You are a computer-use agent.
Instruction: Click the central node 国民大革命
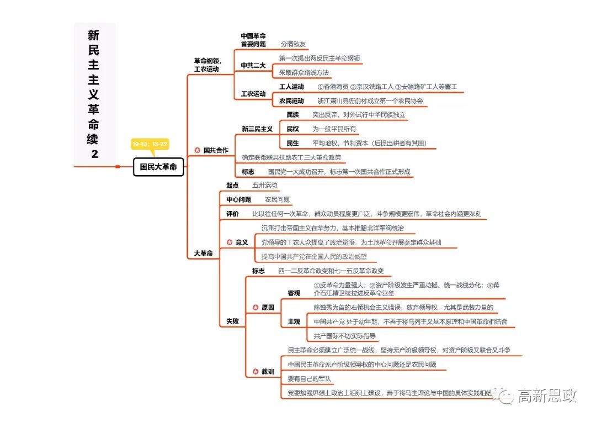coord(158,167)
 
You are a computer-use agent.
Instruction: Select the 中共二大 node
coord(253,65)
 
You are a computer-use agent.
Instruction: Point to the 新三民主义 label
coord(257,129)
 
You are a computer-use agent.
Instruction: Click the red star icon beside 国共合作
coord(197,150)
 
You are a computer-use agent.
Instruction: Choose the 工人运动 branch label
coord(291,87)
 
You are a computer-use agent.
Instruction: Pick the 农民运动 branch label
coord(291,101)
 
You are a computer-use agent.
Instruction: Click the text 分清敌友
coord(293,44)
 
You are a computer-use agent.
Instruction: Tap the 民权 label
coord(293,129)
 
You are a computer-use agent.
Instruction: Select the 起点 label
coord(233,186)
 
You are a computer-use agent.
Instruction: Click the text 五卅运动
coord(265,186)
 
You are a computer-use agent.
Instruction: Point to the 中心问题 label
coord(238,199)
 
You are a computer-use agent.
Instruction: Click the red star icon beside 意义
coord(230,242)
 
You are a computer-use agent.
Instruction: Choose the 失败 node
coord(233,321)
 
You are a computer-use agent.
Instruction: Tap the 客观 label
coord(294,293)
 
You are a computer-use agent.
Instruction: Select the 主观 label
coord(294,321)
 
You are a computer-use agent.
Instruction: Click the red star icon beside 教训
coord(255,372)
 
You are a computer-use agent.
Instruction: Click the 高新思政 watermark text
coord(546,395)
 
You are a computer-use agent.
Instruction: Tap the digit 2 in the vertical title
coord(94,154)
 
